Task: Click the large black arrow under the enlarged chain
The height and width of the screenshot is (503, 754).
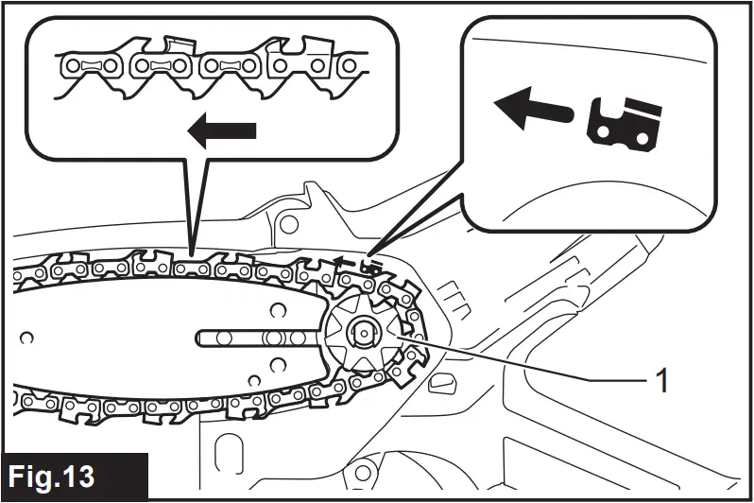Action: pyautogui.click(x=223, y=132)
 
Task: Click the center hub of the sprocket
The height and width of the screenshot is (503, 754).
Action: pyautogui.click(x=363, y=332)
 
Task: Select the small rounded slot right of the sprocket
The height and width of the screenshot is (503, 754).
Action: pyautogui.click(x=440, y=383)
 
